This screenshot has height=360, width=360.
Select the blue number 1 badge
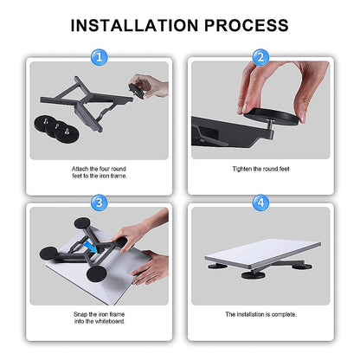pos(102,58)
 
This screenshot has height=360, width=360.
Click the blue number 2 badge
pos(259,58)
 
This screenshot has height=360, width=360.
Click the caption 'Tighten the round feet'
pos(259,167)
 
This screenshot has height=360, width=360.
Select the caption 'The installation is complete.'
pos(259,314)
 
